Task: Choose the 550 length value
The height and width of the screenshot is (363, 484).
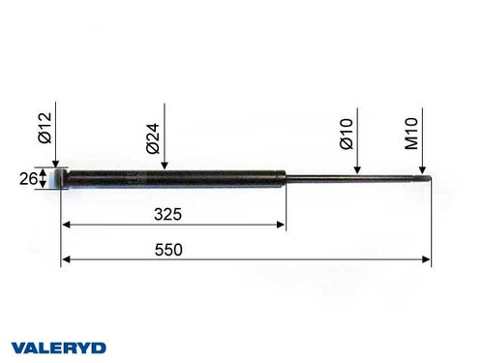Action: point(169,249)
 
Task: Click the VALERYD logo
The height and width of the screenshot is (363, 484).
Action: point(58,347)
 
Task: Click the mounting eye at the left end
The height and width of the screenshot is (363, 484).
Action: point(61,178)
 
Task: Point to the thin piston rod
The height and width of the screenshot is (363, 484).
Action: point(348,178)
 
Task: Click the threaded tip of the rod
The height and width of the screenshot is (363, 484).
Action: point(422,178)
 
